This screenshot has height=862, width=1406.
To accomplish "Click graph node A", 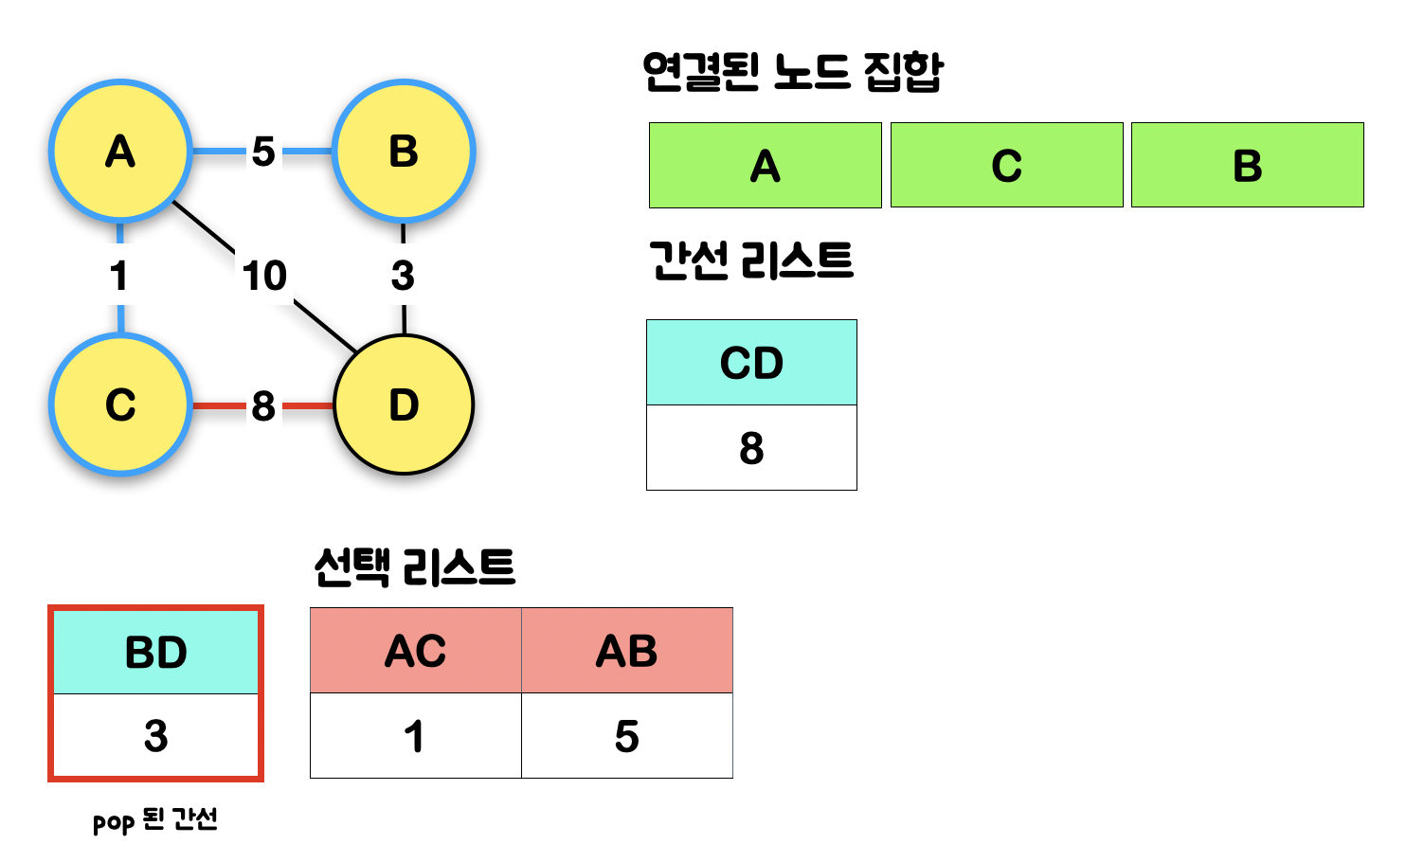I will click(x=120, y=152).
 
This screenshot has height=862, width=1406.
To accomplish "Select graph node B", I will click(x=404, y=152).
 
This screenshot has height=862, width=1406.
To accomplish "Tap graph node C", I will click(x=120, y=404).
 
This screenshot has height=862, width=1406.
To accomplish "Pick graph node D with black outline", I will click(x=404, y=404).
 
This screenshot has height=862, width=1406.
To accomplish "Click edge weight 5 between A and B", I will click(x=263, y=152).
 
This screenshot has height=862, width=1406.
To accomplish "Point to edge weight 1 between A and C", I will click(x=119, y=276).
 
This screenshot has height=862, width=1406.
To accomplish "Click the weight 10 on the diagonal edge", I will click(x=264, y=276).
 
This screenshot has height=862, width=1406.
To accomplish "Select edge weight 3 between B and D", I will click(x=403, y=276).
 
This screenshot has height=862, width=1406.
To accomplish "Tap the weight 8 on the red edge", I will click(x=263, y=406).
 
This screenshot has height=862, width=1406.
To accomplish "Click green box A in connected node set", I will click(x=766, y=166).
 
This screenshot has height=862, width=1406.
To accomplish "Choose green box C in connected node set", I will click(x=1006, y=166).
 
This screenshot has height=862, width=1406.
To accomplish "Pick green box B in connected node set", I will click(x=1247, y=166).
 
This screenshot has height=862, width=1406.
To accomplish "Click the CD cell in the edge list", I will click(x=751, y=363).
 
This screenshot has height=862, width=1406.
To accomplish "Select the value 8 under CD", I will click(x=751, y=448).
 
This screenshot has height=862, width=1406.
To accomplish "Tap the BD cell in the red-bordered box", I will click(x=156, y=653).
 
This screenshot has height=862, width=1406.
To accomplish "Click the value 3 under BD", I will click(x=156, y=736).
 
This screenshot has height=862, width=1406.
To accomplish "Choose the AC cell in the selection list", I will click(x=416, y=651).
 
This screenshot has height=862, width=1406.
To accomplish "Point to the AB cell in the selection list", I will click(x=626, y=651).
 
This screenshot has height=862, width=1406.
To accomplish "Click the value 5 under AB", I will click(x=626, y=736).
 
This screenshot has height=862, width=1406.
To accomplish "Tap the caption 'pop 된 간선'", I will click(x=155, y=819).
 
